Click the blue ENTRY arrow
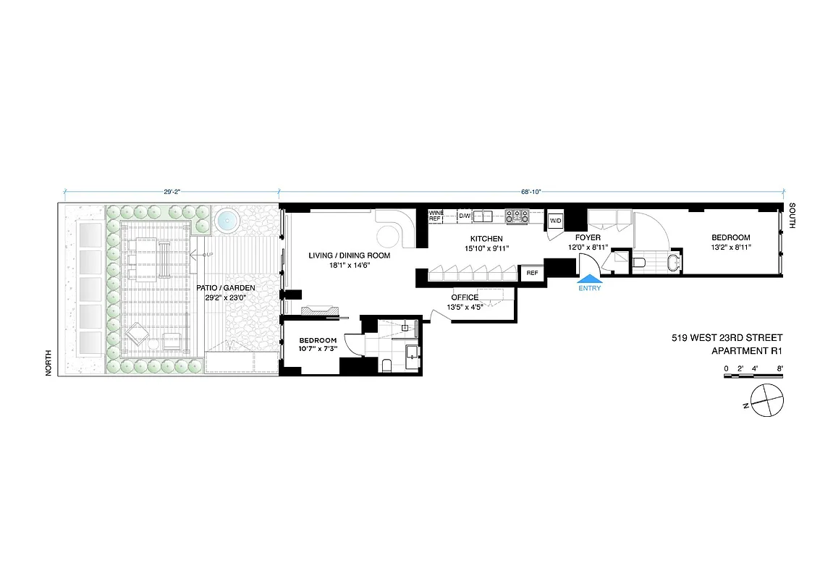coord(591,278)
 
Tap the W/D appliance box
coord(556,221)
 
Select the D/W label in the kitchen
coord(464,216)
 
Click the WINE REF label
coord(435,216)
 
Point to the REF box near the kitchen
coord(532,273)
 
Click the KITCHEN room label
coord(486,239)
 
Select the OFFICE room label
coord(465,297)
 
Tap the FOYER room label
coord(588,237)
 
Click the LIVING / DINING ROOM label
coord(350,255)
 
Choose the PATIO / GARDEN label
coord(226,287)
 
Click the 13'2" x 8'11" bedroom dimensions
coord(730,248)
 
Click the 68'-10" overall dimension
coord(531,192)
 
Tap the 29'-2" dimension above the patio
coord(172,192)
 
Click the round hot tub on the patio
coord(227,220)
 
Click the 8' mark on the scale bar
coord(779,368)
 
